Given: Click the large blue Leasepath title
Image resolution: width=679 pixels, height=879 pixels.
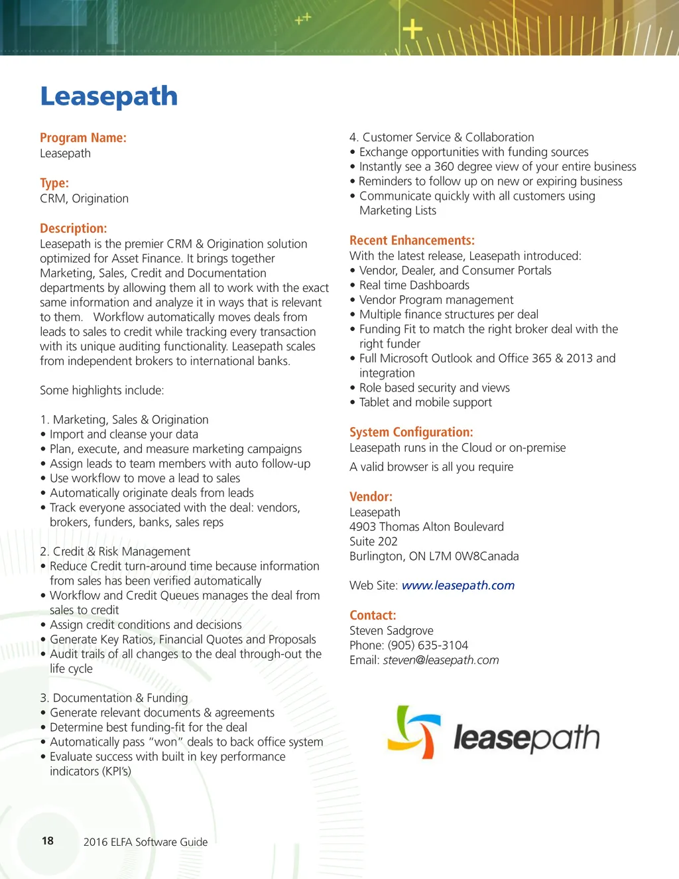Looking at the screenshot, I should [x=109, y=97].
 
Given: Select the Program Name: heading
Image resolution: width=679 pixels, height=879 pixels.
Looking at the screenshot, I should [x=83, y=138].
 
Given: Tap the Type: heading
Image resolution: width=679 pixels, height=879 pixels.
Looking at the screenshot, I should [x=54, y=183].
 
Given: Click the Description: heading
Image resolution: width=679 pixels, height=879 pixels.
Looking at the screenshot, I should [x=73, y=228].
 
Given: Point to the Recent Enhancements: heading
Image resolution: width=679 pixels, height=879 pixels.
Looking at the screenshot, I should [x=412, y=240].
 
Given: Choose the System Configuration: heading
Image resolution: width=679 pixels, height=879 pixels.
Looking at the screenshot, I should [x=411, y=432].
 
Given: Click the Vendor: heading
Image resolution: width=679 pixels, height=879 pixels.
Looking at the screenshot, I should [x=371, y=496].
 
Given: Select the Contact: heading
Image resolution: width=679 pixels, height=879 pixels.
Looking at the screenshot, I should [x=373, y=615].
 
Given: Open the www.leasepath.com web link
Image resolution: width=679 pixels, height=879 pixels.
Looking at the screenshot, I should [x=458, y=585].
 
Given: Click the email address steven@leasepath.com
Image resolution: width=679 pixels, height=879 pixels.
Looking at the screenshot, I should [x=440, y=660].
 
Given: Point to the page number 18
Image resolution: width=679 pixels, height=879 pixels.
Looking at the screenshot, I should [x=48, y=841].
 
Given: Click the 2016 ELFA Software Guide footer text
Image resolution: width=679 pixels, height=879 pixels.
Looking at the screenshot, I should [x=145, y=842].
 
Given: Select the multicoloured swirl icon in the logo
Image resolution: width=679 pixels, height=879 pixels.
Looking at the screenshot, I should [x=414, y=732].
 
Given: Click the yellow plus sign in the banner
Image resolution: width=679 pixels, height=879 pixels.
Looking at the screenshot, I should [x=412, y=29].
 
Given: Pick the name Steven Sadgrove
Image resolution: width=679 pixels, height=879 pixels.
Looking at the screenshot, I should [x=391, y=631].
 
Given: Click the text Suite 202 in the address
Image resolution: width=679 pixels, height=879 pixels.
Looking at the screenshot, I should [x=373, y=541].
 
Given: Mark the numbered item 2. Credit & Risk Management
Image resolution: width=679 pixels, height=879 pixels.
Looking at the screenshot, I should [x=115, y=551].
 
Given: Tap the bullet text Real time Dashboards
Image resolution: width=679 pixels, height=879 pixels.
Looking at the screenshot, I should [x=414, y=285].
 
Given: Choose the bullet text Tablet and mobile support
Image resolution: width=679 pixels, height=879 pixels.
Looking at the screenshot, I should [x=425, y=403].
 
